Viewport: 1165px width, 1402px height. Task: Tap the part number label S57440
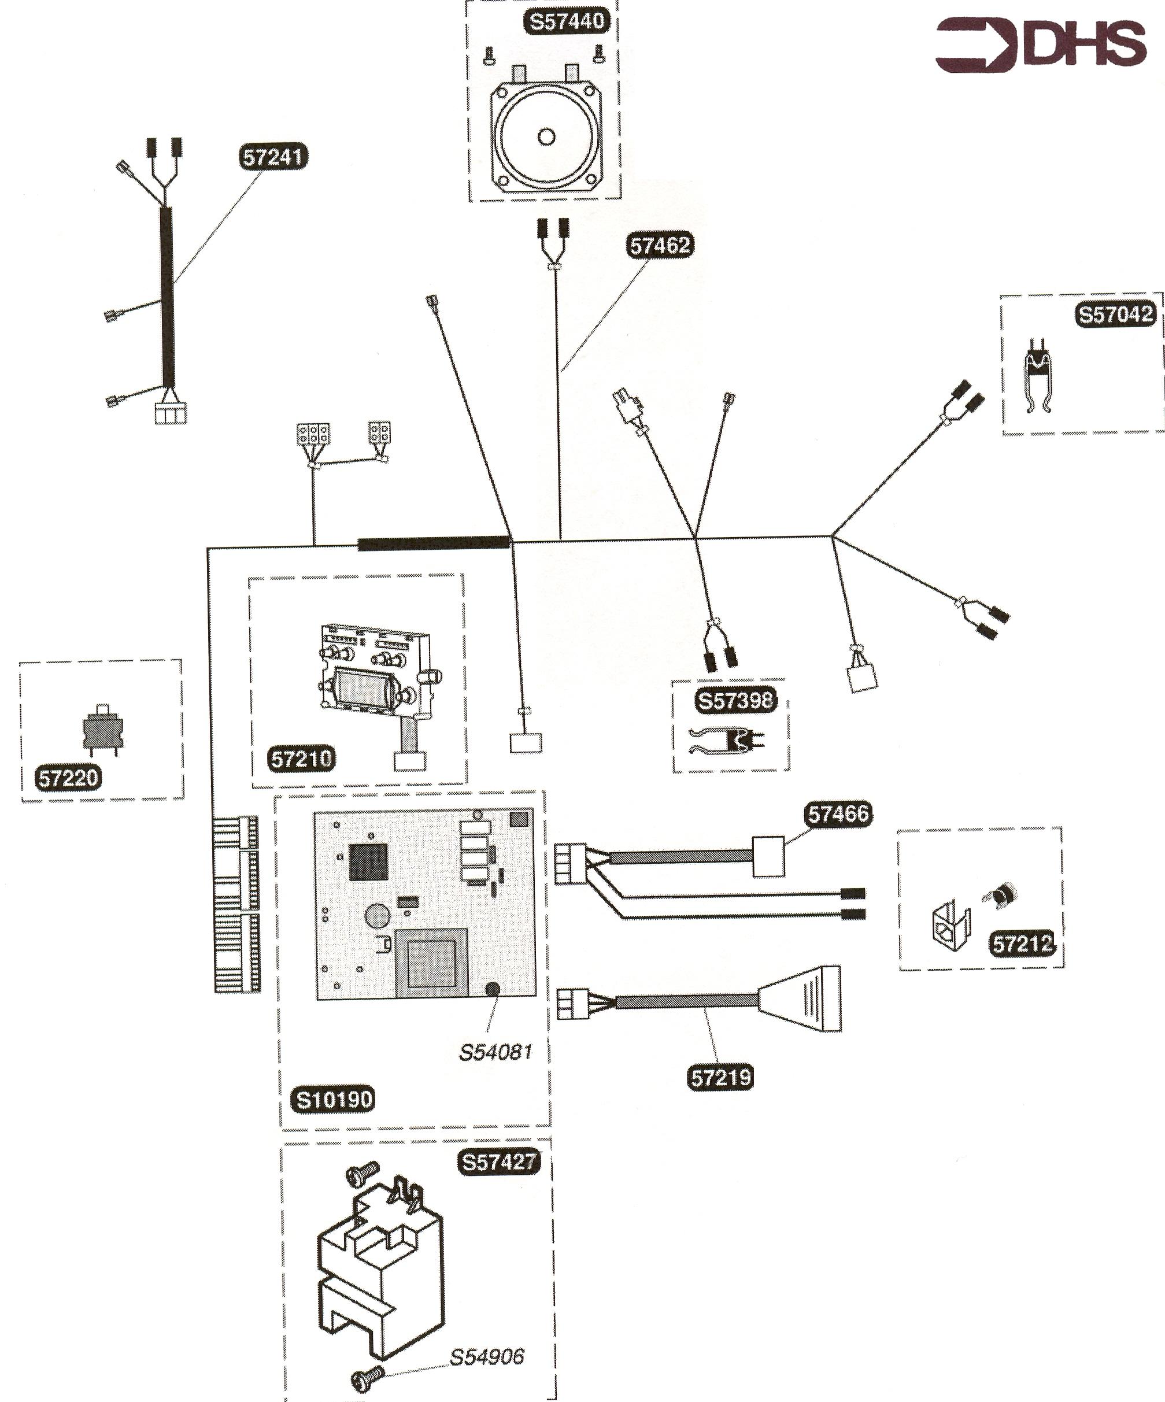click(x=566, y=21)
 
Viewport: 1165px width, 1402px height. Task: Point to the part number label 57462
click(x=660, y=246)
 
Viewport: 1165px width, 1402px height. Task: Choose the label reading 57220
click(x=69, y=778)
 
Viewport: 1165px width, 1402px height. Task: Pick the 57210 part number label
click(x=301, y=759)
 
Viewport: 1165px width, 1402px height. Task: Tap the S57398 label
click(x=735, y=700)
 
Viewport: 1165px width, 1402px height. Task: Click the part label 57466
click(x=838, y=814)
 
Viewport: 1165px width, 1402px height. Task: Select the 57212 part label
click(x=1022, y=944)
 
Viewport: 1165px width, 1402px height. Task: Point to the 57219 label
click(x=720, y=1078)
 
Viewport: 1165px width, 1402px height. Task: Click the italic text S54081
click(x=495, y=1053)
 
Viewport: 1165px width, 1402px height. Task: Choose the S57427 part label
click(x=499, y=1162)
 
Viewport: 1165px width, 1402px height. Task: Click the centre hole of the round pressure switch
click(x=546, y=137)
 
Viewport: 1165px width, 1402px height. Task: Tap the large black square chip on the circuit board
click(x=368, y=862)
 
